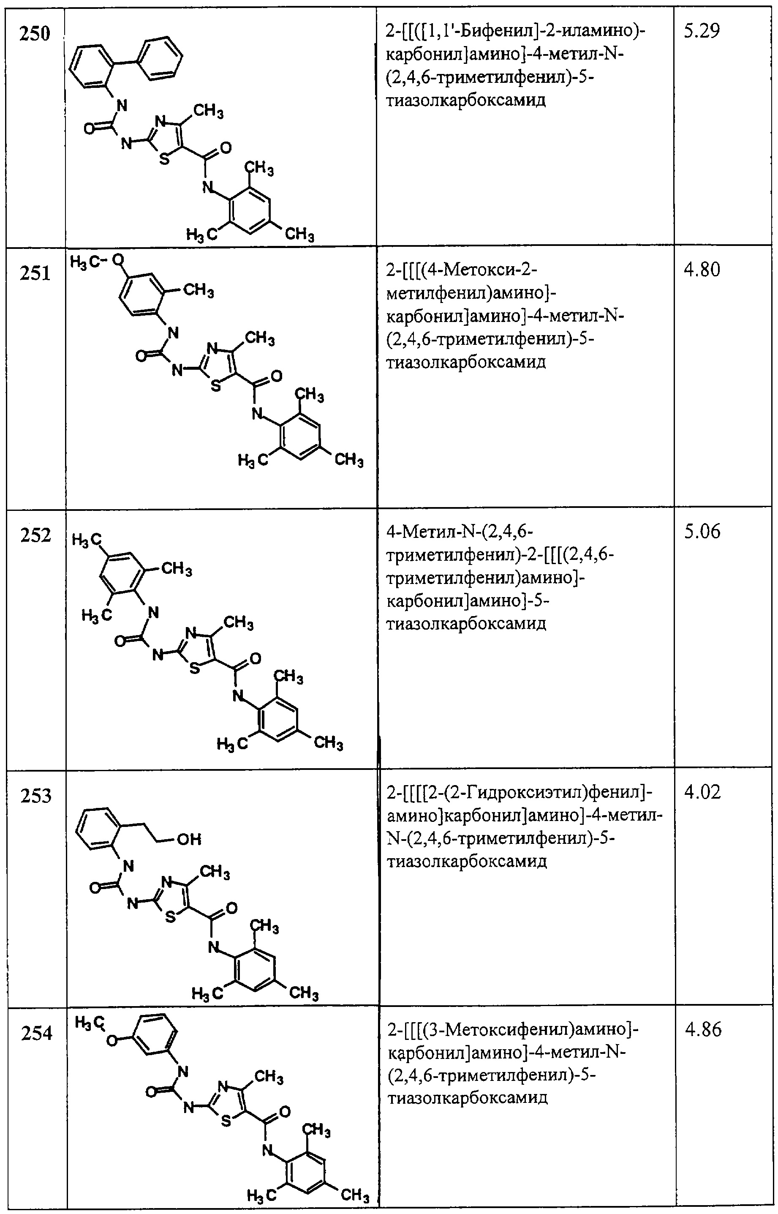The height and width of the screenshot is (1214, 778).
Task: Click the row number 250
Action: coord(35,34)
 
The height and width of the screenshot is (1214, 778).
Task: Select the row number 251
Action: coord(35,273)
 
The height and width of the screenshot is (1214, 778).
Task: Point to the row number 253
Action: coord(36,796)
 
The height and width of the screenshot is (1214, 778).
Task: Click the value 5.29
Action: coord(701,31)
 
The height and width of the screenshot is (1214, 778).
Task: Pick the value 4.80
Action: coord(702,270)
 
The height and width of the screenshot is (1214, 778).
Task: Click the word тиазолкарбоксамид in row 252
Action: coord(466,624)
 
